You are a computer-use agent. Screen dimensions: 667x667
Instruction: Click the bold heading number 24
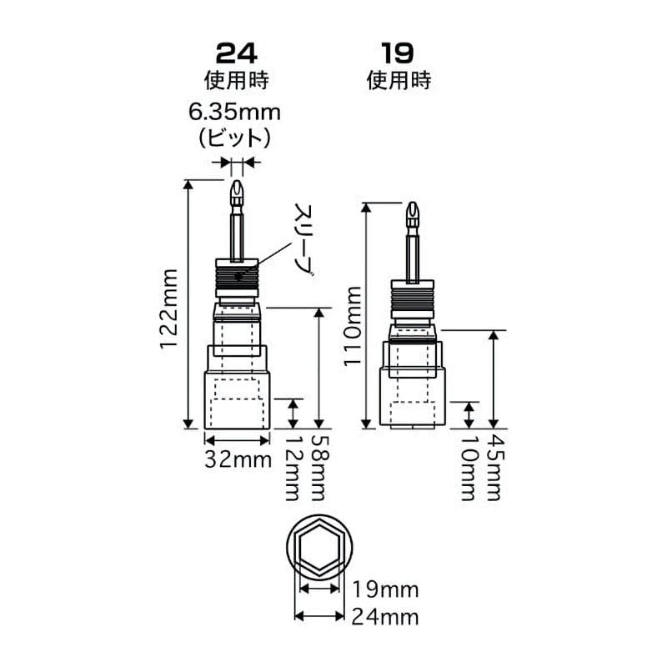tap(236, 53)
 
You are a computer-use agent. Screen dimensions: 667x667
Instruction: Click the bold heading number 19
tap(398, 53)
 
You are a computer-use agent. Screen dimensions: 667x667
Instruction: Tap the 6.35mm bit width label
tap(234, 113)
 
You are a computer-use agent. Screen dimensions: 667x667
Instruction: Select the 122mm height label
tap(168, 308)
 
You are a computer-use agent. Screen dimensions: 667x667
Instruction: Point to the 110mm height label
tap(352, 326)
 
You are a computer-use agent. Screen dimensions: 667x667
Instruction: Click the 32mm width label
tap(238, 459)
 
